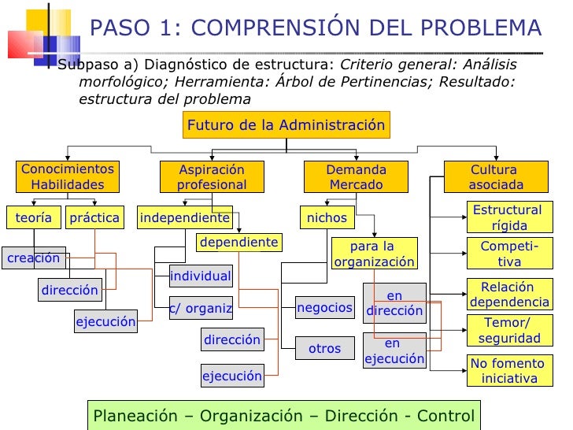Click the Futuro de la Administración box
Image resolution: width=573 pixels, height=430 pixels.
point(286,125)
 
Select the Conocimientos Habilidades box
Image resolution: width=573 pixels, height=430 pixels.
point(67,177)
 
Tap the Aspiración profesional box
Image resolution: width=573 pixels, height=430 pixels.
point(211,177)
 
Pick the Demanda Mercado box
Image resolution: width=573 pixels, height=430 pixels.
point(356,177)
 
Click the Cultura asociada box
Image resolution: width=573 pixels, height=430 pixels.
point(495,177)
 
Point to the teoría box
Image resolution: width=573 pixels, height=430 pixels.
point(33,217)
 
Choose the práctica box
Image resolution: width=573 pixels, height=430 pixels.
point(94,217)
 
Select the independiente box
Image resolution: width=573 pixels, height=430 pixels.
point(184,217)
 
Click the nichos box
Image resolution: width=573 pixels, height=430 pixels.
point(327,217)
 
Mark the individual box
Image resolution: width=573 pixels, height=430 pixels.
point(201,276)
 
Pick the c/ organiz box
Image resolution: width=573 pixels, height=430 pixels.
point(201,309)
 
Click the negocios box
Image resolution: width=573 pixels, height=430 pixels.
point(324,308)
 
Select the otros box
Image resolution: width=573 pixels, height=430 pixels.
point(324,348)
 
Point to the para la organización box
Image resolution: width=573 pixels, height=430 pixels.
point(373,254)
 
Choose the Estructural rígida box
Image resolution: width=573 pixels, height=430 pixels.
point(508,218)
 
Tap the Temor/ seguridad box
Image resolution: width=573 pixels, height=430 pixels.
point(508,330)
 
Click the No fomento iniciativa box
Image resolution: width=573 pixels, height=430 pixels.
point(508,371)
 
